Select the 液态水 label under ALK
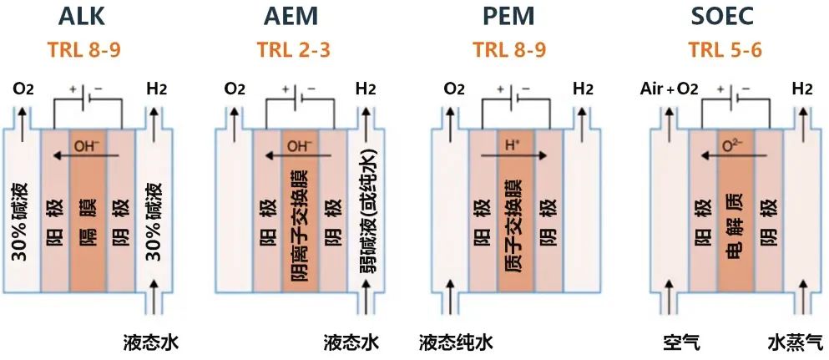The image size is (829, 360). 151,342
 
